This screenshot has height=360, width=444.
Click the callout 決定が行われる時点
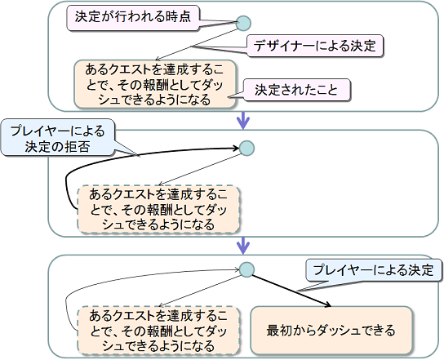pyautogui.click(x=133, y=18)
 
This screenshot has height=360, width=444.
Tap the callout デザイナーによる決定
pyautogui.click(x=315, y=46)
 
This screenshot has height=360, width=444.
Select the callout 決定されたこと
pyautogui.click(x=296, y=90)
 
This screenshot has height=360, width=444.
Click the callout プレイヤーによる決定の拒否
pyautogui.click(x=58, y=139)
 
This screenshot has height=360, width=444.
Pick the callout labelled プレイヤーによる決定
pyautogui.click(x=374, y=270)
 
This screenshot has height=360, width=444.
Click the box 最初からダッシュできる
pyautogui.click(x=331, y=331)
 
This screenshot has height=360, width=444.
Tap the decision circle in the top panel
pyautogui.click(x=243, y=23)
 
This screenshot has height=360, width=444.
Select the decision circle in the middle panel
pyautogui.click(x=247, y=148)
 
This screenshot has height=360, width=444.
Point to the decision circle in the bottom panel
pyautogui.click(x=246, y=269)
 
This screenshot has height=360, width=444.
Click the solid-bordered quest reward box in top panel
pyautogui.click(x=155, y=84)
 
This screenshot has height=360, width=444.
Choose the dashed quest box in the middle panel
pyautogui.click(x=158, y=210)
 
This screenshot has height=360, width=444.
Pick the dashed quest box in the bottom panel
pyautogui.click(x=158, y=331)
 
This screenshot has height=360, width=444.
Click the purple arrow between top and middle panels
pyautogui.click(x=243, y=121)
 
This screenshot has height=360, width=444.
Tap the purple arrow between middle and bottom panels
pyautogui.click(x=243, y=246)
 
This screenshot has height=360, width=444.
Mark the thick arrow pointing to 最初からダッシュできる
pyautogui.click(x=291, y=291)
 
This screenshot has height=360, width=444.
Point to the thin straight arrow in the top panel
pyautogui.click(x=197, y=44)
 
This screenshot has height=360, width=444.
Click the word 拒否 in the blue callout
pyautogui.click(x=77, y=147)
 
